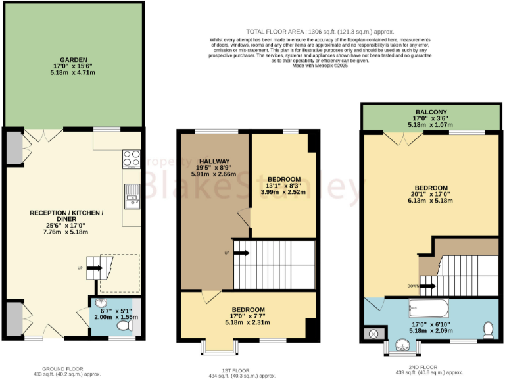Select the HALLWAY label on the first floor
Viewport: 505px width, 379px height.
click(214, 161)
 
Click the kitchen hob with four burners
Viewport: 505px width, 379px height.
click(132, 159)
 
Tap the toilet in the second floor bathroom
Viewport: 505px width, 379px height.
click(488, 328)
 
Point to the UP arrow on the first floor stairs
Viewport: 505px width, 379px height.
click(241, 253)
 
